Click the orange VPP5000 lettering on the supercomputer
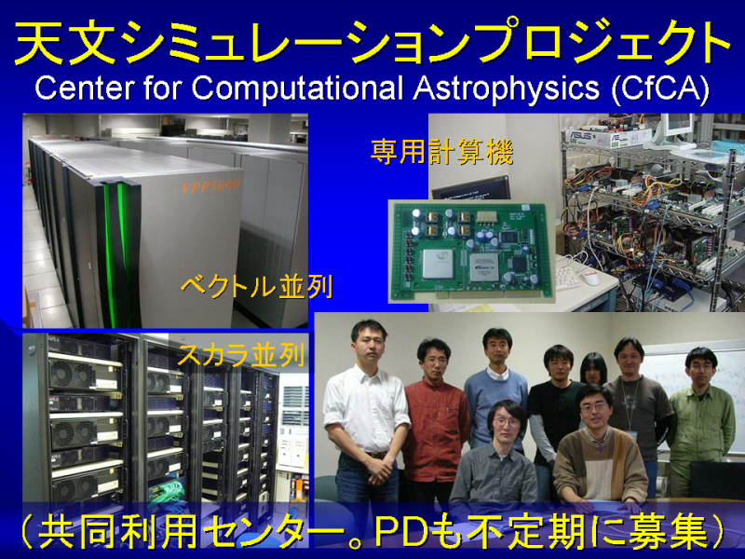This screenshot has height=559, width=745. coord(210,185)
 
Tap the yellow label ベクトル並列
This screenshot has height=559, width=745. coord(256,287)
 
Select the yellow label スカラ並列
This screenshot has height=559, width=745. coord(241,355)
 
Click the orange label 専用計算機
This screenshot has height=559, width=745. coord(441,152)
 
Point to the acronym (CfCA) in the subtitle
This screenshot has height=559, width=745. coord(660,88)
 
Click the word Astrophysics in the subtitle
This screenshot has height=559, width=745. coord(506,89)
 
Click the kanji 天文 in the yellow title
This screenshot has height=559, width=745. coord(65,42)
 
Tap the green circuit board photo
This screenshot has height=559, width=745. coord(472,252)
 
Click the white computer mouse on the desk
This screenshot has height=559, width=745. coord(591,277)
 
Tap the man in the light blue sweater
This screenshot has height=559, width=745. coord(497,385)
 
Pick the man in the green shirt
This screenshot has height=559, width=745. coord(701,418)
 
